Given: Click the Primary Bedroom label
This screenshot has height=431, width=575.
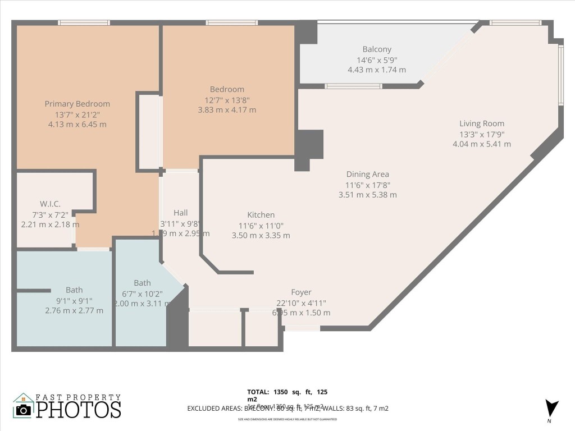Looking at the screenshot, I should (77, 104).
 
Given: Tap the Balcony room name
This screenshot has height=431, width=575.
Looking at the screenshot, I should (377, 49).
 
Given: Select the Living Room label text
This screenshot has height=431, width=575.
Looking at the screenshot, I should (482, 123).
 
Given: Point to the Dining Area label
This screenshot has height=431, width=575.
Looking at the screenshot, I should (367, 174).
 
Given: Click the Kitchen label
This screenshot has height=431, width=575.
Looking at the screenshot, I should (261, 215).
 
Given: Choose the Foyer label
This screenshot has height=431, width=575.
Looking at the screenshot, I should (301, 292).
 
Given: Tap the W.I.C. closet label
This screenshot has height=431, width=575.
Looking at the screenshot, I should (50, 204).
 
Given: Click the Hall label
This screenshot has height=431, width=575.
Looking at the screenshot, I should (181, 213).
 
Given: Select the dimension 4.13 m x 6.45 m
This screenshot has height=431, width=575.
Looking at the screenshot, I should (77, 125).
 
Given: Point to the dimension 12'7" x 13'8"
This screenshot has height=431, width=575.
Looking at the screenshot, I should (227, 100).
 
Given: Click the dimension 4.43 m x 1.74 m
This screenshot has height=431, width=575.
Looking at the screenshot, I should (377, 70).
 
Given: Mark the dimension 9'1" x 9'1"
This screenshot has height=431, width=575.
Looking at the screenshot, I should (74, 300).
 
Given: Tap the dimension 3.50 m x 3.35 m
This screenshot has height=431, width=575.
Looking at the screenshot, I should (261, 235).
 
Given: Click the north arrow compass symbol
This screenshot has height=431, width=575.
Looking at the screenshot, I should (552, 408).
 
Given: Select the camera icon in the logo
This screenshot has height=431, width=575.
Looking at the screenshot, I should (23, 410).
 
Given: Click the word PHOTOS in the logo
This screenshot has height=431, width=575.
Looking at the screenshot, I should (79, 409).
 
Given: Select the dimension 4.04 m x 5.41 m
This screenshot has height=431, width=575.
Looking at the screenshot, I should (482, 144).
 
